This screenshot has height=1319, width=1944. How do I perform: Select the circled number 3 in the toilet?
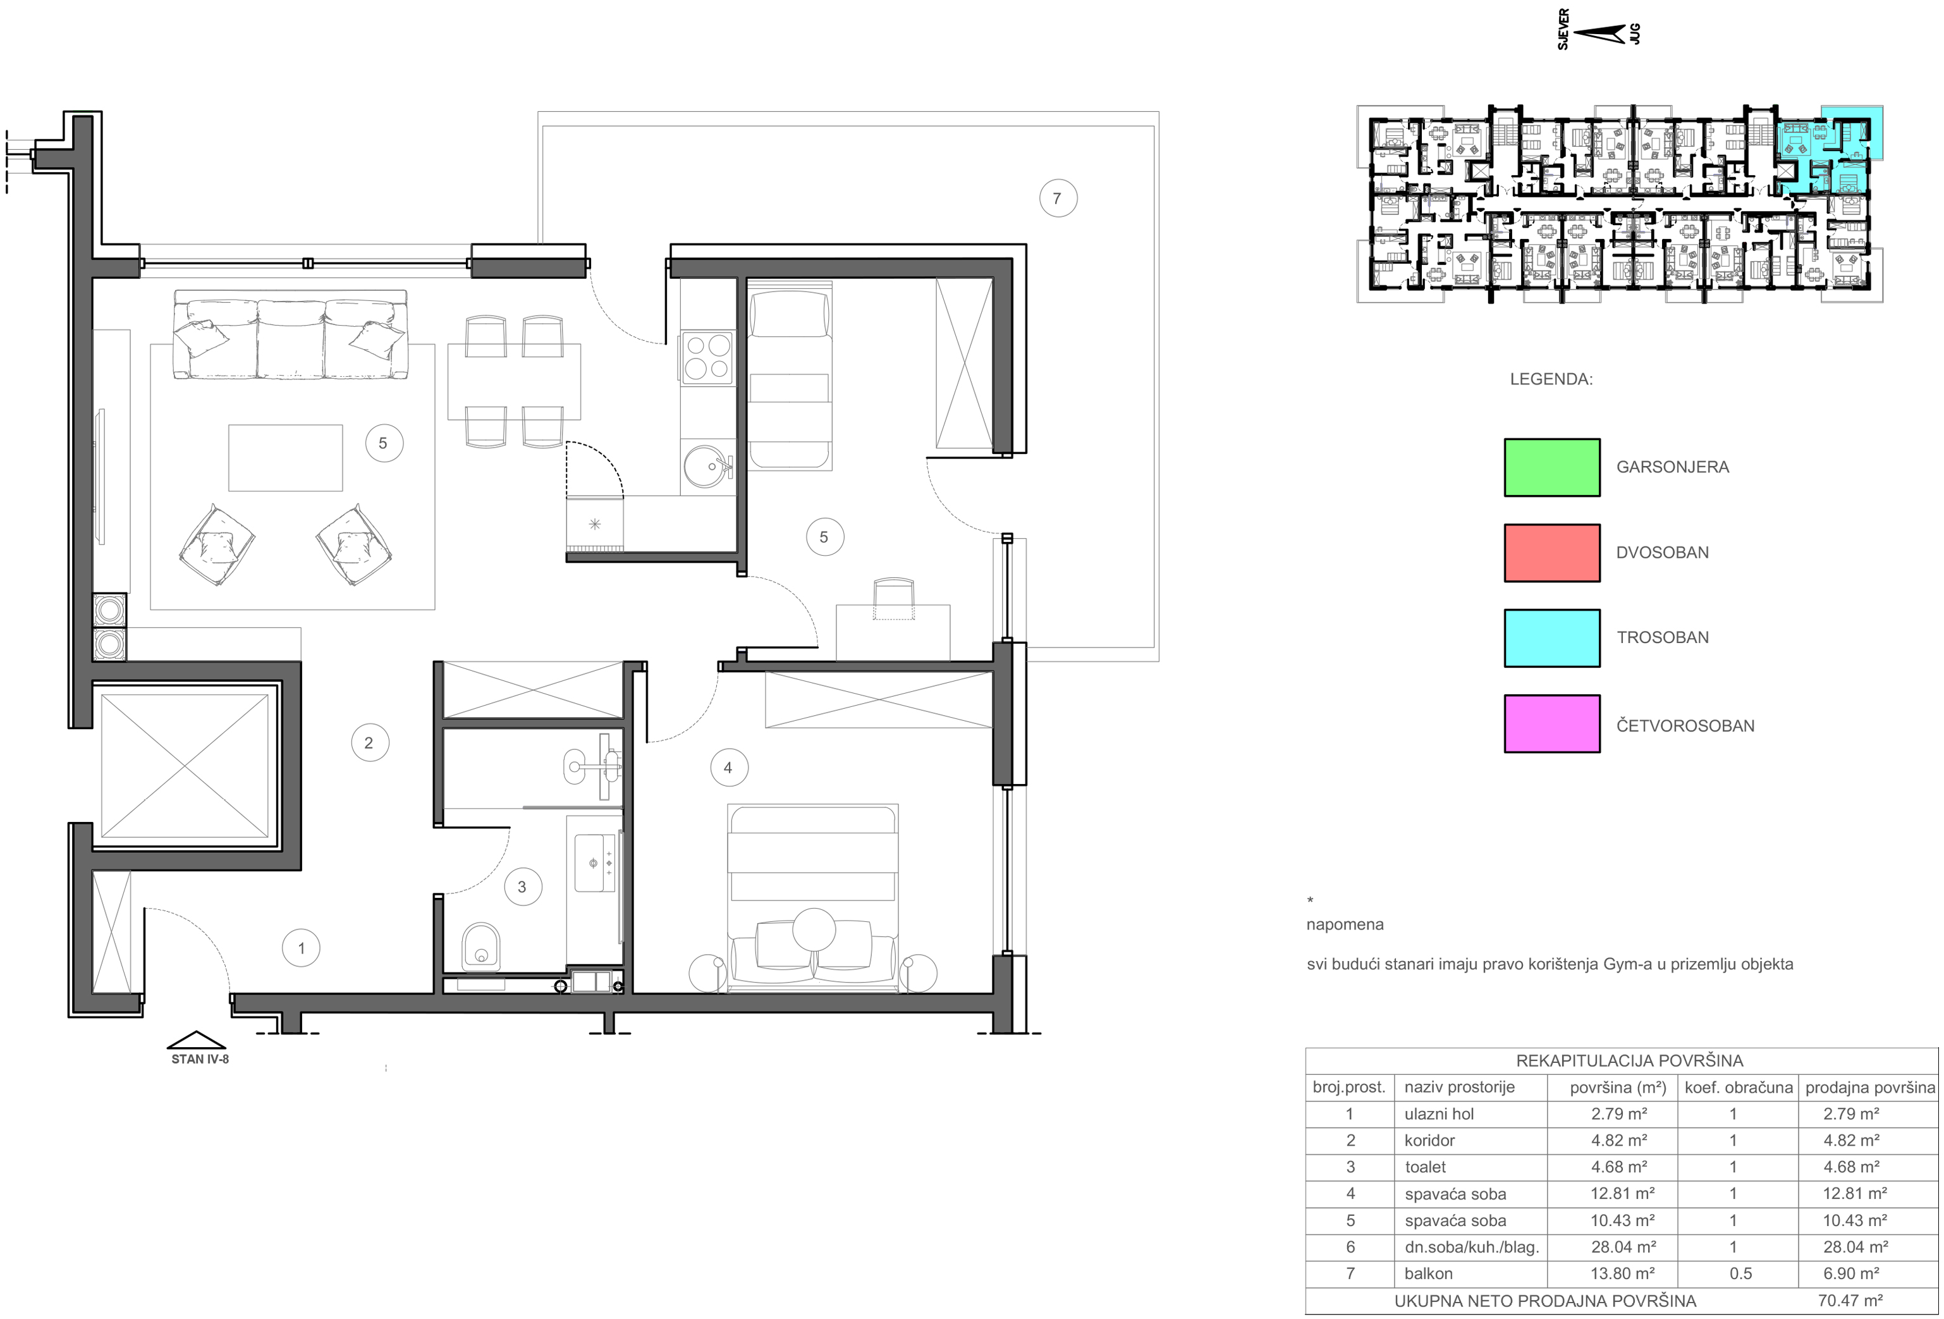pyautogui.click(x=522, y=886)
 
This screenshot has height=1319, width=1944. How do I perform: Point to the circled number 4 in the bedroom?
pyautogui.click(x=728, y=768)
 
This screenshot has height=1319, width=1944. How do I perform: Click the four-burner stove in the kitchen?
pyautogui.click(x=707, y=357)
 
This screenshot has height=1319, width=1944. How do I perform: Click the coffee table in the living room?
pyautogui.click(x=285, y=458)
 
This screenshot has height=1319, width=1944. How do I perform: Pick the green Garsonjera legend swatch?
pyautogui.click(x=1551, y=467)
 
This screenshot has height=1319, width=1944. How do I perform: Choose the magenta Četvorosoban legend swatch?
pyautogui.click(x=1551, y=723)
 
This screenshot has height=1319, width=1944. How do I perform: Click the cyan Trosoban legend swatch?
pyautogui.click(x=1551, y=638)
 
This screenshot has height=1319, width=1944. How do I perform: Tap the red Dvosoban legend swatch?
pyautogui.click(x=1551, y=553)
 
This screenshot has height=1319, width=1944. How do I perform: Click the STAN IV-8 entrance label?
pyautogui.click(x=200, y=1059)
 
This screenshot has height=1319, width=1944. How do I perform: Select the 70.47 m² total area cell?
pyautogui.click(x=1850, y=1301)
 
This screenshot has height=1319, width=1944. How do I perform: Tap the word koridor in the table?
pyautogui.click(x=1429, y=1140)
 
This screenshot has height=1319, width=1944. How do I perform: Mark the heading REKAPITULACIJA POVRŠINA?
pyautogui.click(x=1629, y=1060)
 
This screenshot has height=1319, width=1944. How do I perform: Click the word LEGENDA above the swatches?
pyautogui.click(x=1551, y=379)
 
